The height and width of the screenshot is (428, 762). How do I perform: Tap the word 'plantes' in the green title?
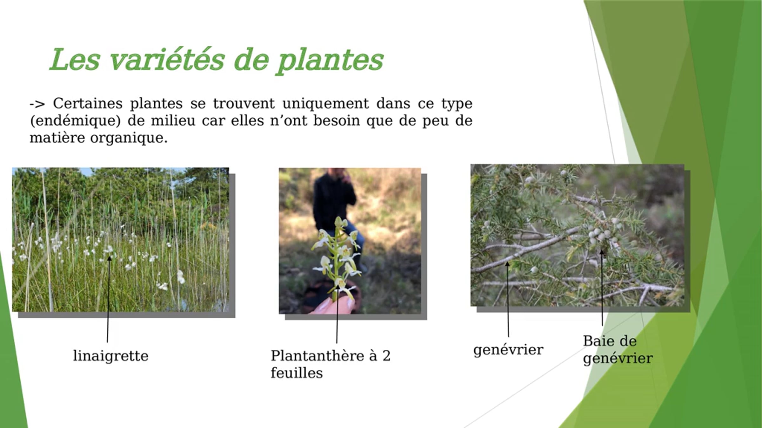click(x=331, y=61)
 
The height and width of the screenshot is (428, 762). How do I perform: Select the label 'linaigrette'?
click(x=111, y=356)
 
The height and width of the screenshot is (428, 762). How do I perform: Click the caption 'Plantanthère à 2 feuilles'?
click(x=331, y=364)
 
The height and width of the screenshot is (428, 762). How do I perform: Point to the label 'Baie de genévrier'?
click(x=618, y=350)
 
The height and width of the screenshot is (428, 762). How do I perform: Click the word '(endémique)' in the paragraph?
click(x=76, y=121)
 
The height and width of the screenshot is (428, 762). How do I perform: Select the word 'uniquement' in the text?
click(x=326, y=104)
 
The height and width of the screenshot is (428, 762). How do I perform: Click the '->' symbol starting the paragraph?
click(x=37, y=104)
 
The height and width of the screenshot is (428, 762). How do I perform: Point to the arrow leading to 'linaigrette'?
click(x=108, y=299)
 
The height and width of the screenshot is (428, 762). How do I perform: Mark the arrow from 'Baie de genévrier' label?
click(x=602, y=287)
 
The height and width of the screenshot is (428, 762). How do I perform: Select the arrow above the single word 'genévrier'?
click(x=508, y=299)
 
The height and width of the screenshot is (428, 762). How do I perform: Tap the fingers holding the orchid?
click(x=333, y=305)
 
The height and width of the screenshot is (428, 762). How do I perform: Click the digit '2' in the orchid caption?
click(x=386, y=356)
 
